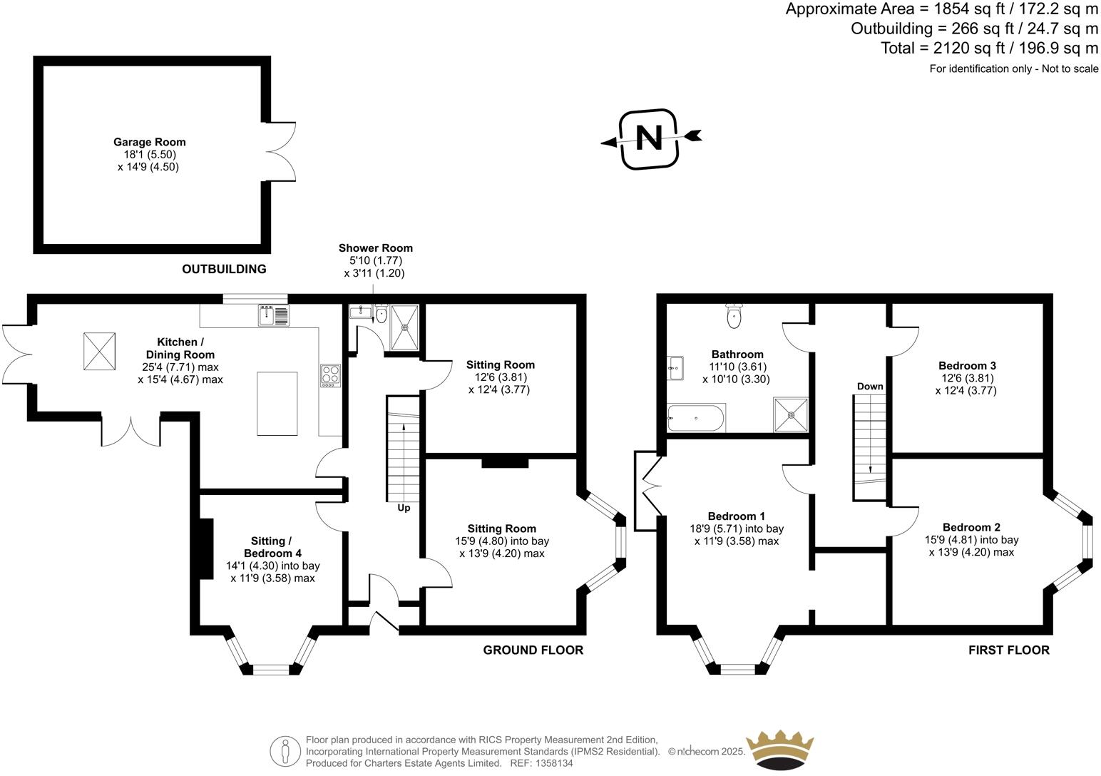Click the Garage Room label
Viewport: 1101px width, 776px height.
tap(149, 142)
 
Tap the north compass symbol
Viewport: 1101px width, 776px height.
tap(648, 138)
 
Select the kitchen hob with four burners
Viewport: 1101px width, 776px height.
tap(331, 375)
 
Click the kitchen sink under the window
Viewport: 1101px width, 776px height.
tap(274, 315)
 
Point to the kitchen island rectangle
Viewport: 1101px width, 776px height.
tap(277, 403)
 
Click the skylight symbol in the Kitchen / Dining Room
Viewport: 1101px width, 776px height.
tap(99, 351)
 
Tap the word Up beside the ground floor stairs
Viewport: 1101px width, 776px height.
tap(404, 508)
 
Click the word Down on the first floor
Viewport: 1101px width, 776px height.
tap(870, 387)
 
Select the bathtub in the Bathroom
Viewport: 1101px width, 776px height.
tap(696, 418)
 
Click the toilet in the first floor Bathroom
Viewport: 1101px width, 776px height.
tap(734, 315)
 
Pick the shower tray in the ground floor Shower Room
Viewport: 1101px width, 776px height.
tap(406, 327)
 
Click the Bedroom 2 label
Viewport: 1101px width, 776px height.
tap(971, 527)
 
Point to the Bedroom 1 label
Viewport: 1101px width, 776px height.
tap(736, 516)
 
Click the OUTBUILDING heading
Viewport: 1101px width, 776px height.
tap(224, 269)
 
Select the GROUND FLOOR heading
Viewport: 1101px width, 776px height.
tap(533, 650)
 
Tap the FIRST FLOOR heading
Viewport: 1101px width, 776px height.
tap(1008, 650)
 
